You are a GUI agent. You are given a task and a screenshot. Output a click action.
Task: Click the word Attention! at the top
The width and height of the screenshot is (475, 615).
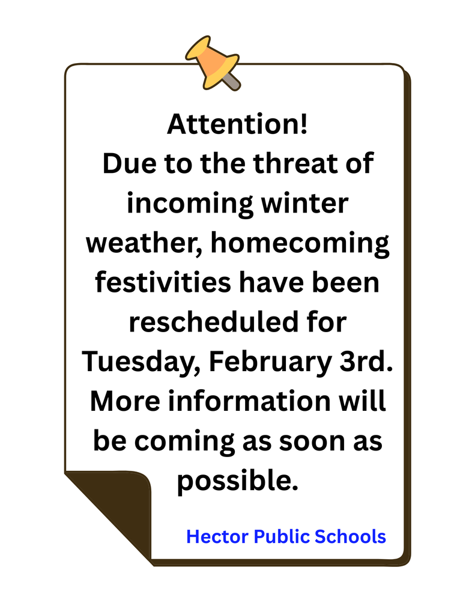click(237, 125)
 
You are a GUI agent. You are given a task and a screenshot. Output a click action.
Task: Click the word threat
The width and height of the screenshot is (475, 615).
click(295, 164)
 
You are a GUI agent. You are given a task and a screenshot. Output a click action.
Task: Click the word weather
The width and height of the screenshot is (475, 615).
click(129, 243)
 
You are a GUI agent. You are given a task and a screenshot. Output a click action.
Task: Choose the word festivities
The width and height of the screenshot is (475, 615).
click(162, 282)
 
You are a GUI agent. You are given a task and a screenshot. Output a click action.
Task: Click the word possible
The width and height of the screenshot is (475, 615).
click(237, 481)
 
